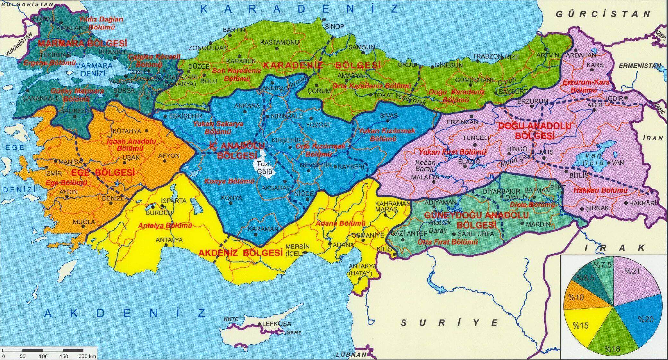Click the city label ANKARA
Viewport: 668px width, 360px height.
247,105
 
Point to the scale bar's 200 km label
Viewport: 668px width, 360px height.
87,356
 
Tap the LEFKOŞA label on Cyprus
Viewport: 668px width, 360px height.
276,324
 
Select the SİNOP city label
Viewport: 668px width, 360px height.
334,26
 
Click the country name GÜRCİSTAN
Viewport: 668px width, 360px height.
603,14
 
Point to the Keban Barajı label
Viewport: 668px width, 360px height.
425,165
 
